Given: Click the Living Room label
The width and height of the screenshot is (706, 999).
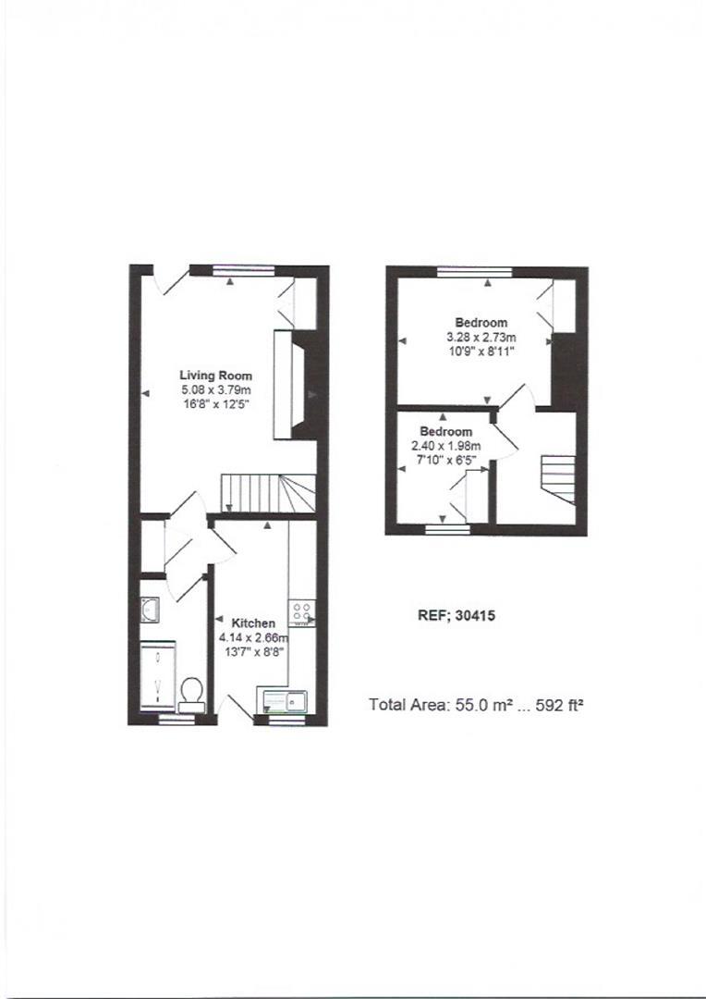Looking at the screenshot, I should (x=215, y=376).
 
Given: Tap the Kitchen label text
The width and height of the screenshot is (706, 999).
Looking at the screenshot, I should (x=252, y=623).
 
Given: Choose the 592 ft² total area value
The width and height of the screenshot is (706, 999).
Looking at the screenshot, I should (x=556, y=705).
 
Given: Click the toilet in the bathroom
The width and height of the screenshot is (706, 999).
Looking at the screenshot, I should (x=192, y=692).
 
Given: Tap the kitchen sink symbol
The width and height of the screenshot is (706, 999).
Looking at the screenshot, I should (x=286, y=699).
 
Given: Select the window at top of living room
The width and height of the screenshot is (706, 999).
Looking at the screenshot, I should (x=243, y=270).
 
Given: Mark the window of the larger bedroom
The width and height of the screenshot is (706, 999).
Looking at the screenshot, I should (x=475, y=271).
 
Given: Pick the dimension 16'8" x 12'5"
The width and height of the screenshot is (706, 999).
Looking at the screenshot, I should (x=215, y=404).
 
